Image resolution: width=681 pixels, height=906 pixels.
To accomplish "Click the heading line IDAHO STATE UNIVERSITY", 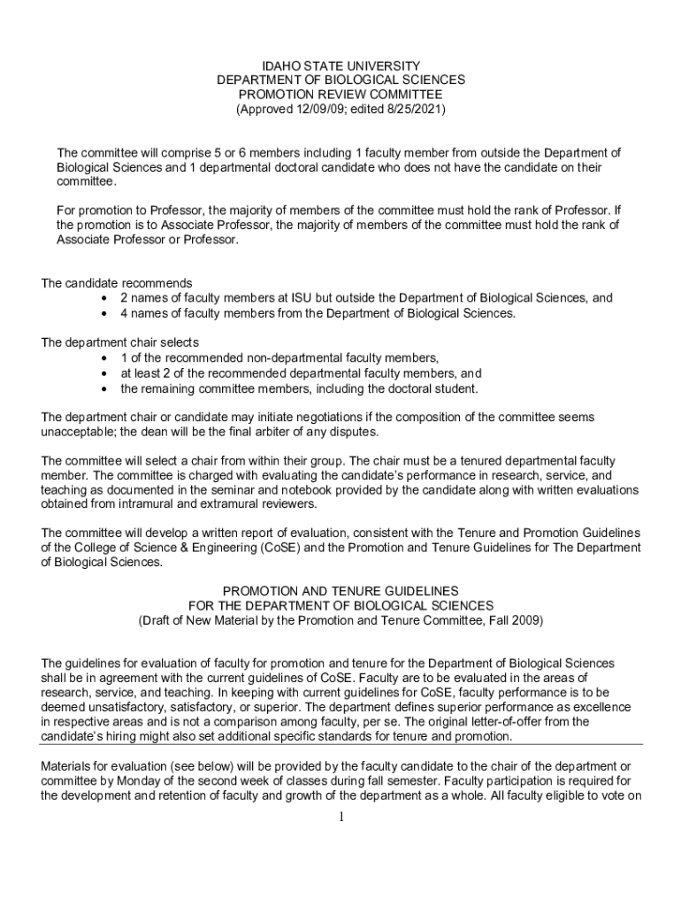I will coord(340,65).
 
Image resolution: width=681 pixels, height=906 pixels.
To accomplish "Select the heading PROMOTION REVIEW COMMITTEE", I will coord(340,95).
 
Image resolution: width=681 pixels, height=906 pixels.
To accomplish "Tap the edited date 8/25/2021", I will coord(413,110).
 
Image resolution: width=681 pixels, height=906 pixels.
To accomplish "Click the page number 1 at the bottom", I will coord(340,816).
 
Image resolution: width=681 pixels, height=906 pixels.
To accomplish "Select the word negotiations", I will coord(294,417).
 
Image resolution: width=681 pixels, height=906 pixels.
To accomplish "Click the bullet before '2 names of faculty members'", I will coord(106,299).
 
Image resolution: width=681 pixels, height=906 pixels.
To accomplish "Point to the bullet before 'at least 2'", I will coord(106,373).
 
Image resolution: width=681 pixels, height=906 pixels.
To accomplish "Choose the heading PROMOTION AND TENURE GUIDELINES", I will coord(340,590).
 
